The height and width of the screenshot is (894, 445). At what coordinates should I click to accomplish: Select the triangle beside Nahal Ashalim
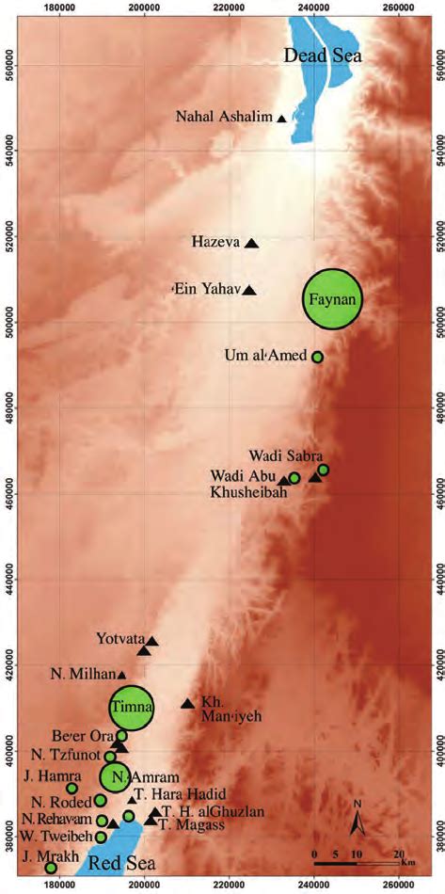coord(281,119)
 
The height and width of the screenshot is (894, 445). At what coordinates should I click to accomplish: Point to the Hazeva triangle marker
coord(251,243)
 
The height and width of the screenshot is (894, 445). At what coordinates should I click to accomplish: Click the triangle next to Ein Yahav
coord(249,290)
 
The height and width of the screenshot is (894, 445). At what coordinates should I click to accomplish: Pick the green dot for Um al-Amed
coord(317,357)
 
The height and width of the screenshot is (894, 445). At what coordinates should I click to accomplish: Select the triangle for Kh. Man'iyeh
coord(187,703)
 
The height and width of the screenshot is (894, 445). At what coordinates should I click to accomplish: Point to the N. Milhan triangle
coord(121,675)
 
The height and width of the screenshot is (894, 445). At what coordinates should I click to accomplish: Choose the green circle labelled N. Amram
coord(116,776)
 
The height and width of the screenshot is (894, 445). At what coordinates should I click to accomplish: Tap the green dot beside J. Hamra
coord(72,788)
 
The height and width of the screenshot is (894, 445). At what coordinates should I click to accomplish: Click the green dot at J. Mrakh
coord(51,867)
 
